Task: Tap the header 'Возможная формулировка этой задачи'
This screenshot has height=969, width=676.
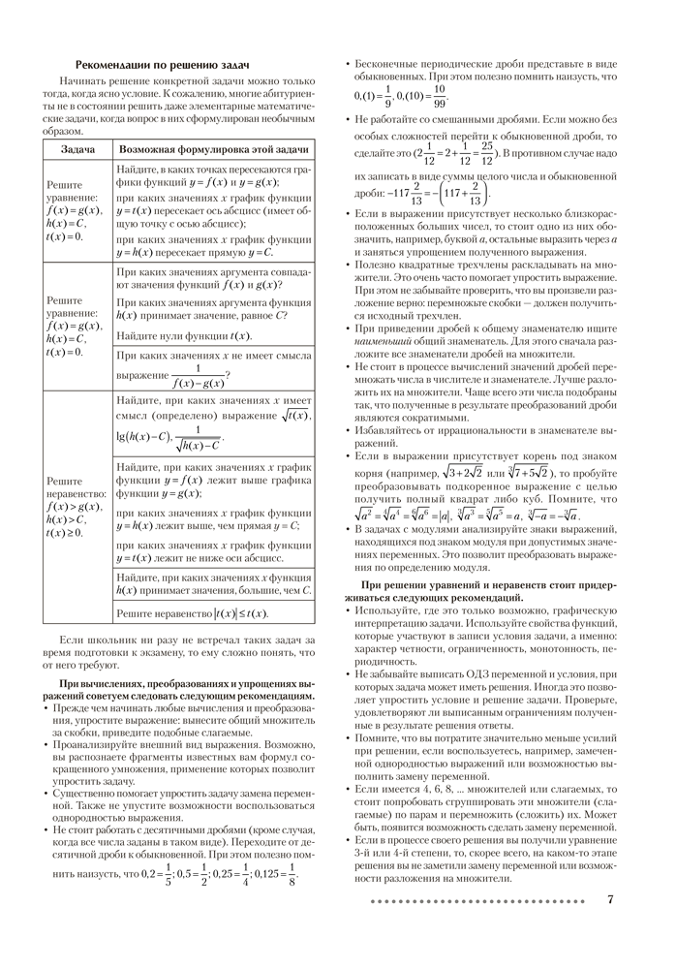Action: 213,151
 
